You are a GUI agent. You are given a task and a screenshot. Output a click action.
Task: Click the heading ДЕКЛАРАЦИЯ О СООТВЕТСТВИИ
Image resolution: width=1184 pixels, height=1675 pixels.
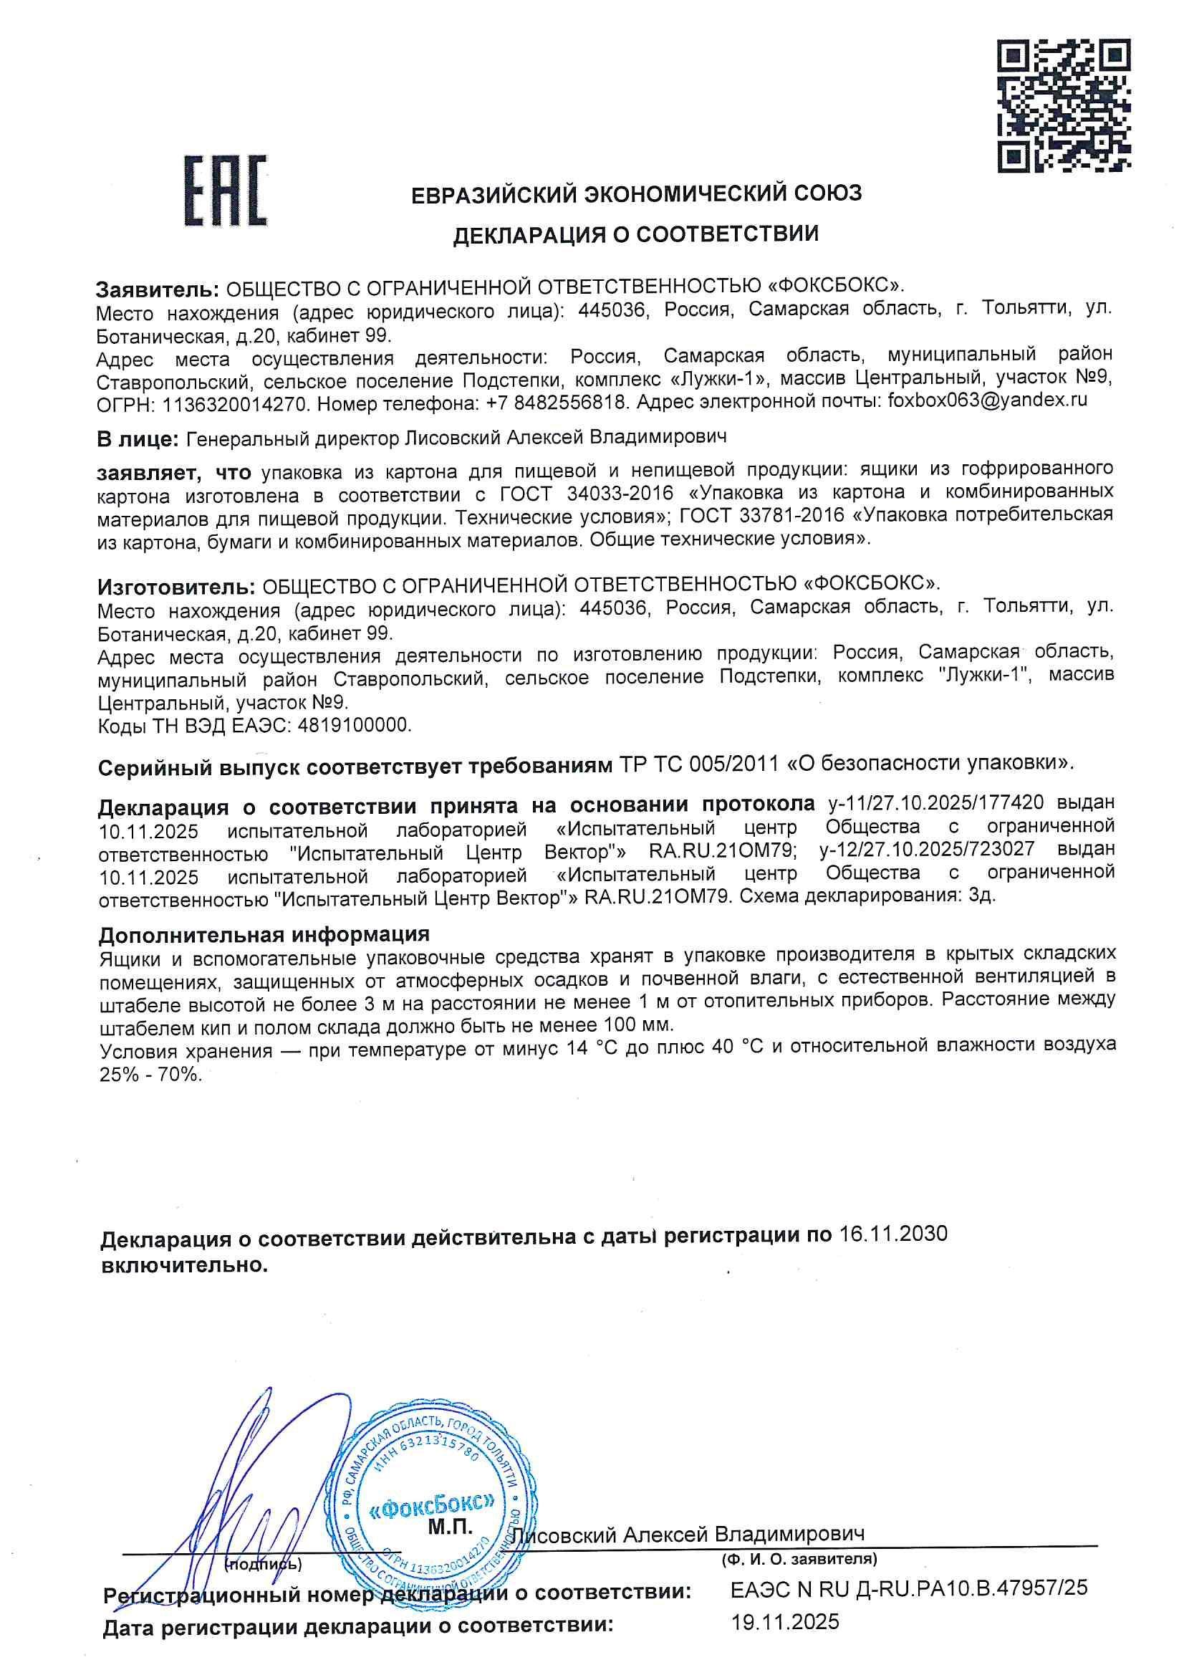point(635,234)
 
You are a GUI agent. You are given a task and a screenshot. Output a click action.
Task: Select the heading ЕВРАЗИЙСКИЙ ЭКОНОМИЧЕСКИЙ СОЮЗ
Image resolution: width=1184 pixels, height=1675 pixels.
point(635,193)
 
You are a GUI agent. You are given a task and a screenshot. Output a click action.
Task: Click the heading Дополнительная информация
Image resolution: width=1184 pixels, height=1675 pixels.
point(264,934)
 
